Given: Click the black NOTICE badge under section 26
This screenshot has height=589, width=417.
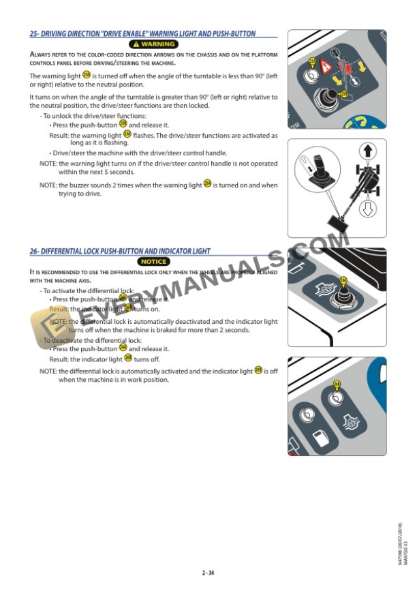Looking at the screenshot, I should tap(153, 262).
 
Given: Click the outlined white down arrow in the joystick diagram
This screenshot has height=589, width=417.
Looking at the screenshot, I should tap(368, 208).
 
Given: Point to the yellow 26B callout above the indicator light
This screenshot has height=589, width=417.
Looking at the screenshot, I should tap(336, 385).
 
